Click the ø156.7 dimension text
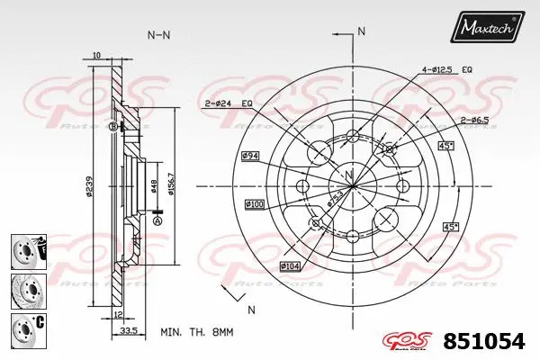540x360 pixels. pos(172,188)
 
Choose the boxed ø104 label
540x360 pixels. pos(290,265)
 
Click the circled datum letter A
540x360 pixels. pos(158,220)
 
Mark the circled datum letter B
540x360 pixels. pos(112,127)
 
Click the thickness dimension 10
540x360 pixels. pos(96,55)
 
